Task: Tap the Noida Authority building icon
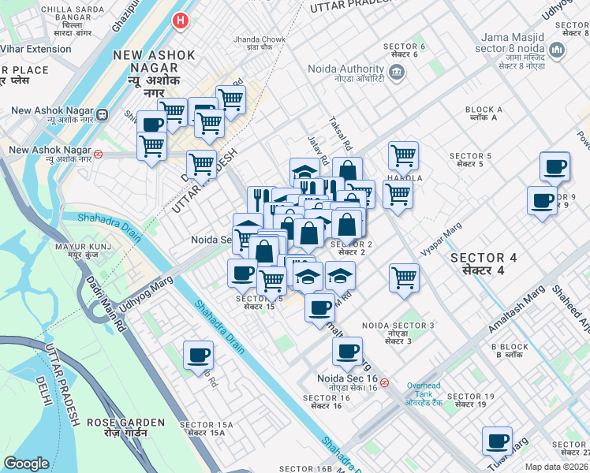pyautogui.click(x=396, y=74)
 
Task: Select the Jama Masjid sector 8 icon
pyautogui.click(x=558, y=51)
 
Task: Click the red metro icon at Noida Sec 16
pyautogui.click(x=384, y=382)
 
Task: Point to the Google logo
pyautogui.click(x=26, y=464)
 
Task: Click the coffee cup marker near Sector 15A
pyautogui.click(x=198, y=355)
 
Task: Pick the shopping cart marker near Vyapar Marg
pyautogui.click(x=404, y=277)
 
